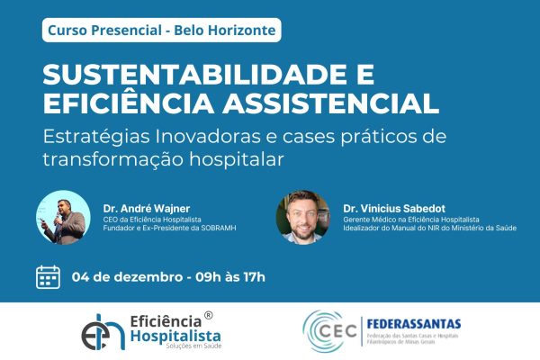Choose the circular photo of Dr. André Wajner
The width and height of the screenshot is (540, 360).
pyautogui.click(x=63, y=219)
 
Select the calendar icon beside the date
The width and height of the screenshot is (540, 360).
pyautogui.click(x=49, y=276)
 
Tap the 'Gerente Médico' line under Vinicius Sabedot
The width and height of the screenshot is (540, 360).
pyautogui.click(x=410, y=220)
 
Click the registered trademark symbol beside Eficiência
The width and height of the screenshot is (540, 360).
pyautogui.click(x=209, y=316)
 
